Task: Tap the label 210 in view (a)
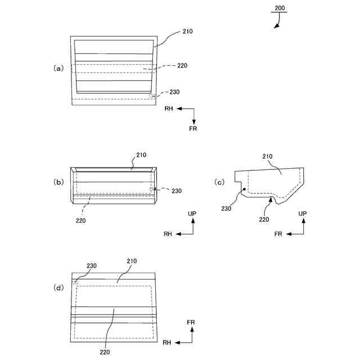click(188, 31)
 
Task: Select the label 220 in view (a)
click(182, 66)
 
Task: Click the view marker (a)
click(58, 68)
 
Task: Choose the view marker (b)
click(58, 182)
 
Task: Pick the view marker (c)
click(220, 182)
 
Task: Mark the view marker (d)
click(58, 287)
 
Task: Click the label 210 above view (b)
click(141, 154)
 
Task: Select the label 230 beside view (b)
click(177, 191)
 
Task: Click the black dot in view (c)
click(244, 190)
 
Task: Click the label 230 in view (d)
click(92, 265)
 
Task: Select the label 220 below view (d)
click(105, 352)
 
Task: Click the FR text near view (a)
click(193, 128)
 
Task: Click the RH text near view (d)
click(167, 342)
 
